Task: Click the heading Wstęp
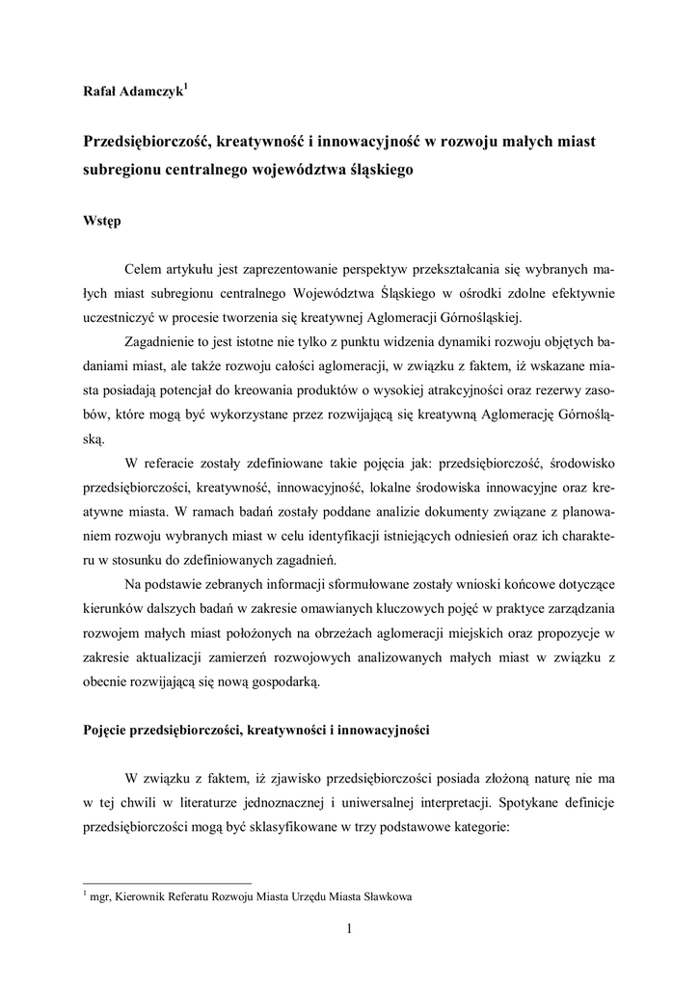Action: point(102,222)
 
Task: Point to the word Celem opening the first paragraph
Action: point(145,267)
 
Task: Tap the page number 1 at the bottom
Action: point(349,929)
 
